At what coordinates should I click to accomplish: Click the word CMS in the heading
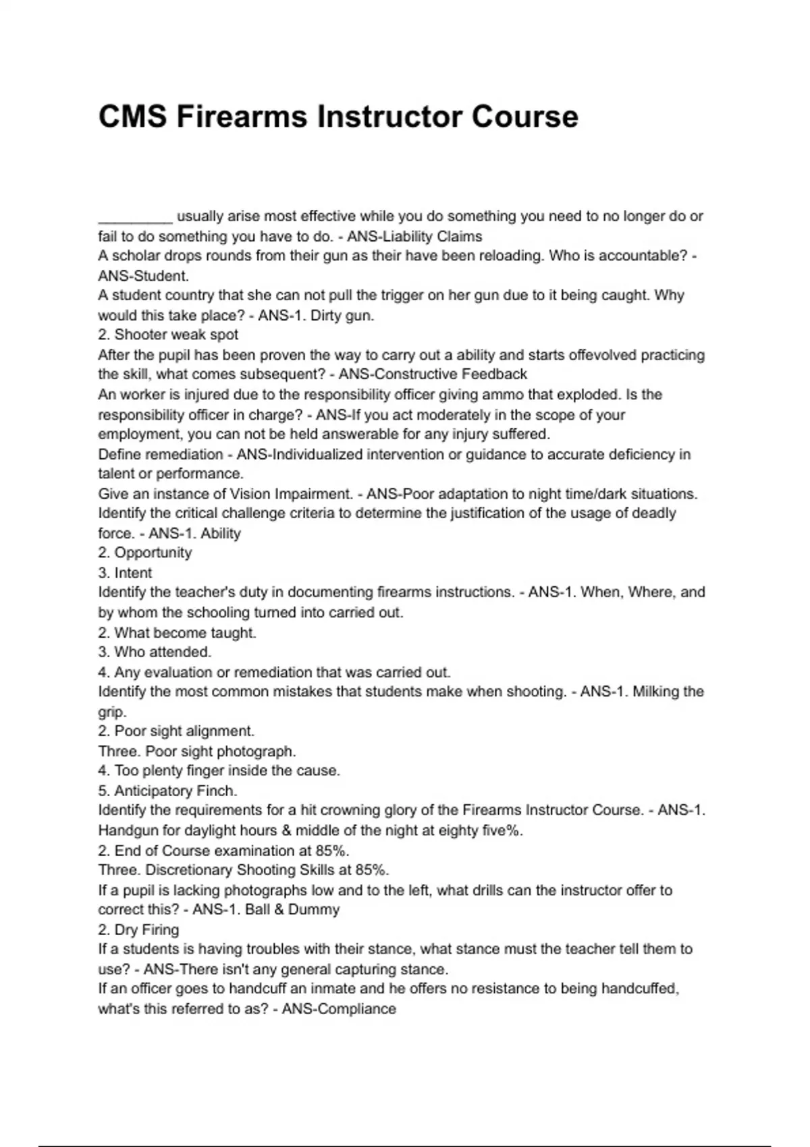[x=132, y=117]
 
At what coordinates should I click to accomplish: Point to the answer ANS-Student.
[x=143, y=276]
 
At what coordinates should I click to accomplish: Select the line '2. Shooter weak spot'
[x=168, y=335]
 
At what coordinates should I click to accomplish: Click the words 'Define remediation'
[x=161, y=454]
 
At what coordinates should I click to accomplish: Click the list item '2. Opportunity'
[x=144, y=553]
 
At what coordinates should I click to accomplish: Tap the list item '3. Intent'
[x=125, y=573]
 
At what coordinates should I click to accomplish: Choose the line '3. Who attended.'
[x=155, y=652]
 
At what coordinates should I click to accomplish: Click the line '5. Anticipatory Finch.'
[x=167, y=791]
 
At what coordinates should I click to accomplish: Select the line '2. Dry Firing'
[x=138, y=930]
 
